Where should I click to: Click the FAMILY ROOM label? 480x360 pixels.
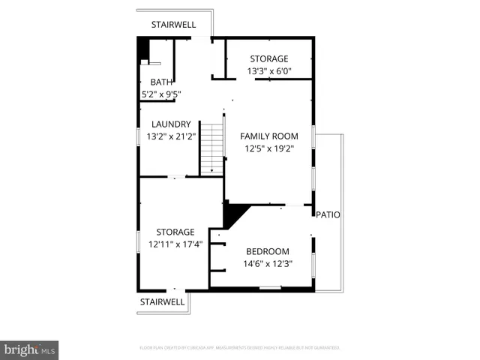point(268,136)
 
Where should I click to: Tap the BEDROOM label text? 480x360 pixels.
point(268,251)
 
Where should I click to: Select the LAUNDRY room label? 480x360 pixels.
point(171,124)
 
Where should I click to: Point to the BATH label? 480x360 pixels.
point(161,82)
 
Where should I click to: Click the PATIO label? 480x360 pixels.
point(328,214)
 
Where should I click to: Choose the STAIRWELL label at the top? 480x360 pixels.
point(173,25)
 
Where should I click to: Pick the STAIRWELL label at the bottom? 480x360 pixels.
point(162,301)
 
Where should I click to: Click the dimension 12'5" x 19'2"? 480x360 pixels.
point(268,148)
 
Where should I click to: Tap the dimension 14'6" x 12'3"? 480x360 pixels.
point(268,264)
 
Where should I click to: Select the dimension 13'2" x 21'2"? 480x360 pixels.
point(171,136)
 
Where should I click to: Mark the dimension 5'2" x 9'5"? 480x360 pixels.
point(161,94)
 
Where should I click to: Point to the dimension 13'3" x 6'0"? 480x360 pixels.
point(269,72)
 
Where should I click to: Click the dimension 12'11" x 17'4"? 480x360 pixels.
point(175,244)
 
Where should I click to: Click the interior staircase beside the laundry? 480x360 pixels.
point(213,148)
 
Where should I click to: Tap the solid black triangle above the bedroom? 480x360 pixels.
point(233,214)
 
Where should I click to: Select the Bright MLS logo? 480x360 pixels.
point(30,349)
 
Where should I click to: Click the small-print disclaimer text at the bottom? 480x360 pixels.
point(240,348)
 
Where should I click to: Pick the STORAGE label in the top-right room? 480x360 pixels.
point(269,59)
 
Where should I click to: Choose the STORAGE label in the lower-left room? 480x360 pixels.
point(175,232)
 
